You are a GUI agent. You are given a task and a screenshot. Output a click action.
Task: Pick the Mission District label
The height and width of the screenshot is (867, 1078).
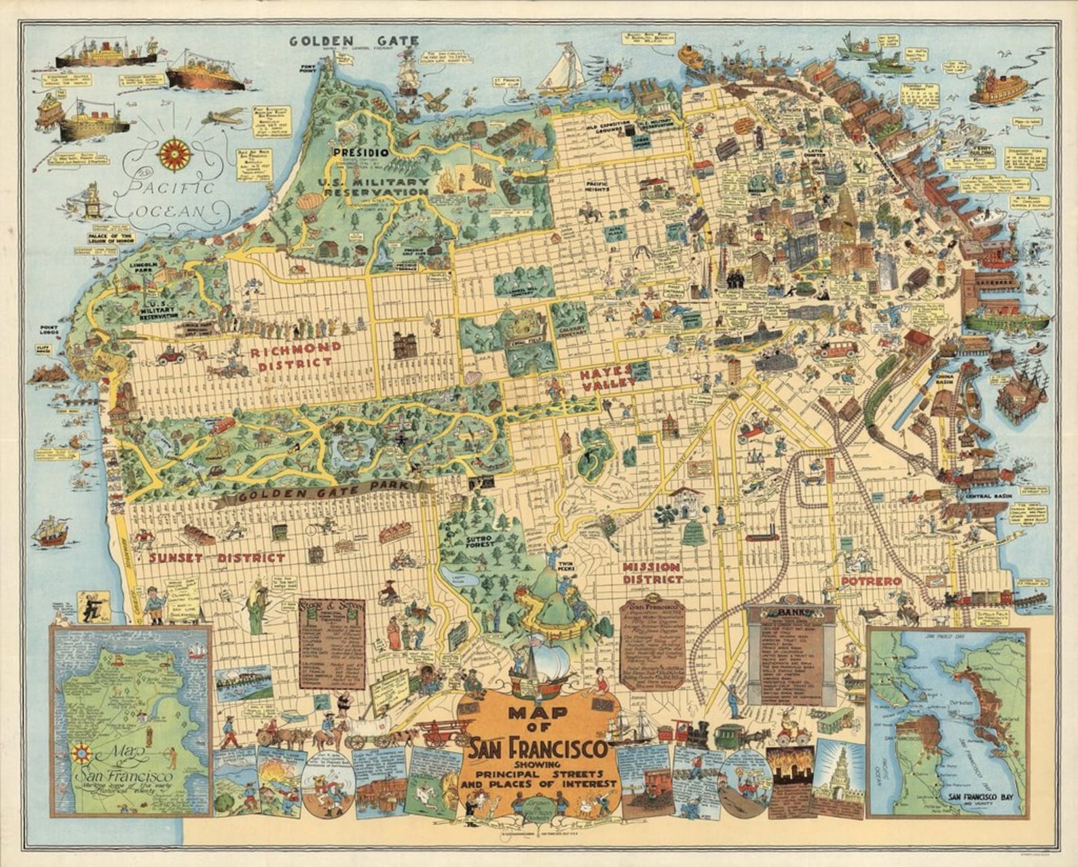coord(652,573)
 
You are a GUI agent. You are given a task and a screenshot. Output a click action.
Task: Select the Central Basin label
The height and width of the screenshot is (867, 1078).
coord(986,497)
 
